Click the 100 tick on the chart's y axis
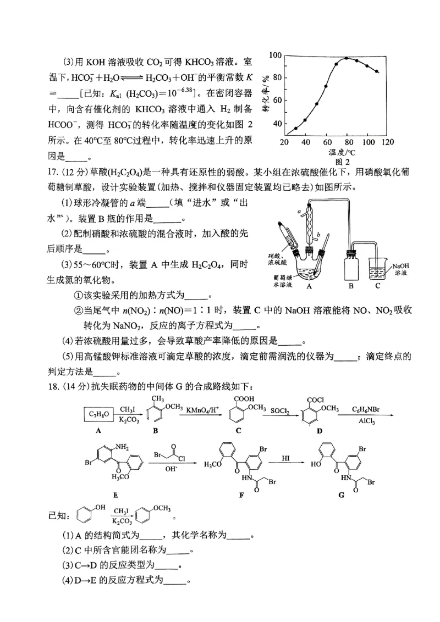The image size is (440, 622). pyautogui.click(x=274, y=55)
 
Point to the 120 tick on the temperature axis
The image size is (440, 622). pyautogui.click(x=388, y=143)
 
